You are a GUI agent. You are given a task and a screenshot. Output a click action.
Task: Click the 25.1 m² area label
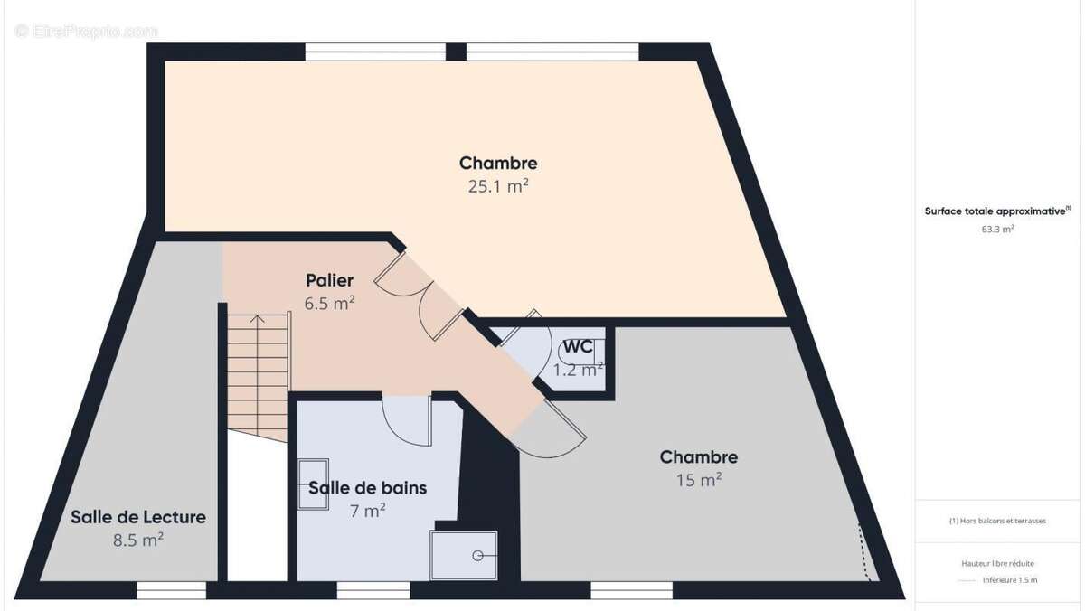pyautogui.click(x=498, y=187)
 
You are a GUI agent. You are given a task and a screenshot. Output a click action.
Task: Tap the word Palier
pyautogui.click(x=329, y=280)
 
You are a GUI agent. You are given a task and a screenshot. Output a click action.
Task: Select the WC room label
pyautogui.click(x=578, y=347)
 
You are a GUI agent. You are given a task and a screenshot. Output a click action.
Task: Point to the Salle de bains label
pyautogui.click(x=367, y=488)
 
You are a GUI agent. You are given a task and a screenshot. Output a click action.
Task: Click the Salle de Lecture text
pyautogui.click(x=138, y=518)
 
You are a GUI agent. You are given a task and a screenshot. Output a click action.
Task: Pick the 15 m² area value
pyautogui.click(x=698, y=481)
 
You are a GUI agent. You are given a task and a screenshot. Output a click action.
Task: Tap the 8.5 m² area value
pyautogui.click(x=138, y=540)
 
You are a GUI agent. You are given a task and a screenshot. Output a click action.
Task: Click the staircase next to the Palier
pyautogui.click(x=257, y=371)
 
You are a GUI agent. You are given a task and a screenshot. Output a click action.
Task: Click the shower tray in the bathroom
pyautogui.click(x=464, y=554)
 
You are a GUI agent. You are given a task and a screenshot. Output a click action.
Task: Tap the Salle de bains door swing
pyautogui.click(x=403, y=420)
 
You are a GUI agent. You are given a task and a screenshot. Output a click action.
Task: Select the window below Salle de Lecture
pyautogui.click(x=171, y=590)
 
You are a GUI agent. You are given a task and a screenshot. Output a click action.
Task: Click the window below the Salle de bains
pyautogui.click(x=373, y=590)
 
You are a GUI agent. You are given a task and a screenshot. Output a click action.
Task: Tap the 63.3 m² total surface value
pyautogui.click(x=997, y=230)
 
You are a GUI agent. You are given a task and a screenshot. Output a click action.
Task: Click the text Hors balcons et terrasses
pyautogui.click(x=997, y=522)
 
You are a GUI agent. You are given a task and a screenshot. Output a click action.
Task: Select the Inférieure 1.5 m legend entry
pyautogui.click(x=1009, y=580)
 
